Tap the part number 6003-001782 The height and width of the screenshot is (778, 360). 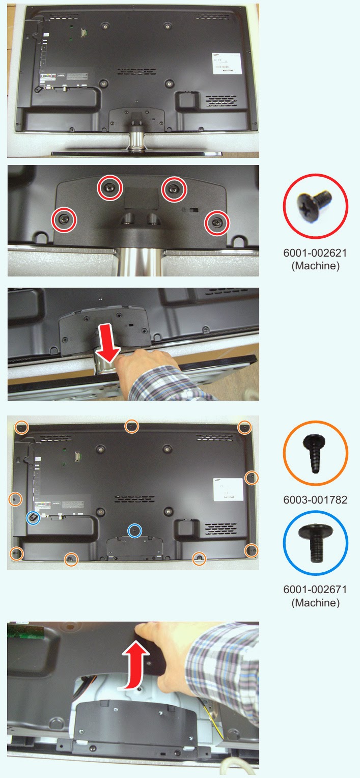click(x=315, y=499)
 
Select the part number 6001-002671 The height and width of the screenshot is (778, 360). click(x=315, y=590)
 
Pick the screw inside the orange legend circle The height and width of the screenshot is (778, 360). click(x=315, y=453)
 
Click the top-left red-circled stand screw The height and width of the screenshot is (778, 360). click(x=110, y=188)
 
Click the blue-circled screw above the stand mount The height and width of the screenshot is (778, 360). click(x=134, y=530)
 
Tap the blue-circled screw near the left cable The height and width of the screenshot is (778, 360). click(x=33, y=517)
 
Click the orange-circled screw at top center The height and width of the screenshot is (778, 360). click(x=131, y=427)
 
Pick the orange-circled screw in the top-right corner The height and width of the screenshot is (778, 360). click(x=244, y=427)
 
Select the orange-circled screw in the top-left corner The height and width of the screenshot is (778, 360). click(x=21, y=427)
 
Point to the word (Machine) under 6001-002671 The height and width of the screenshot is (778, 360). click(x=315, y=602)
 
